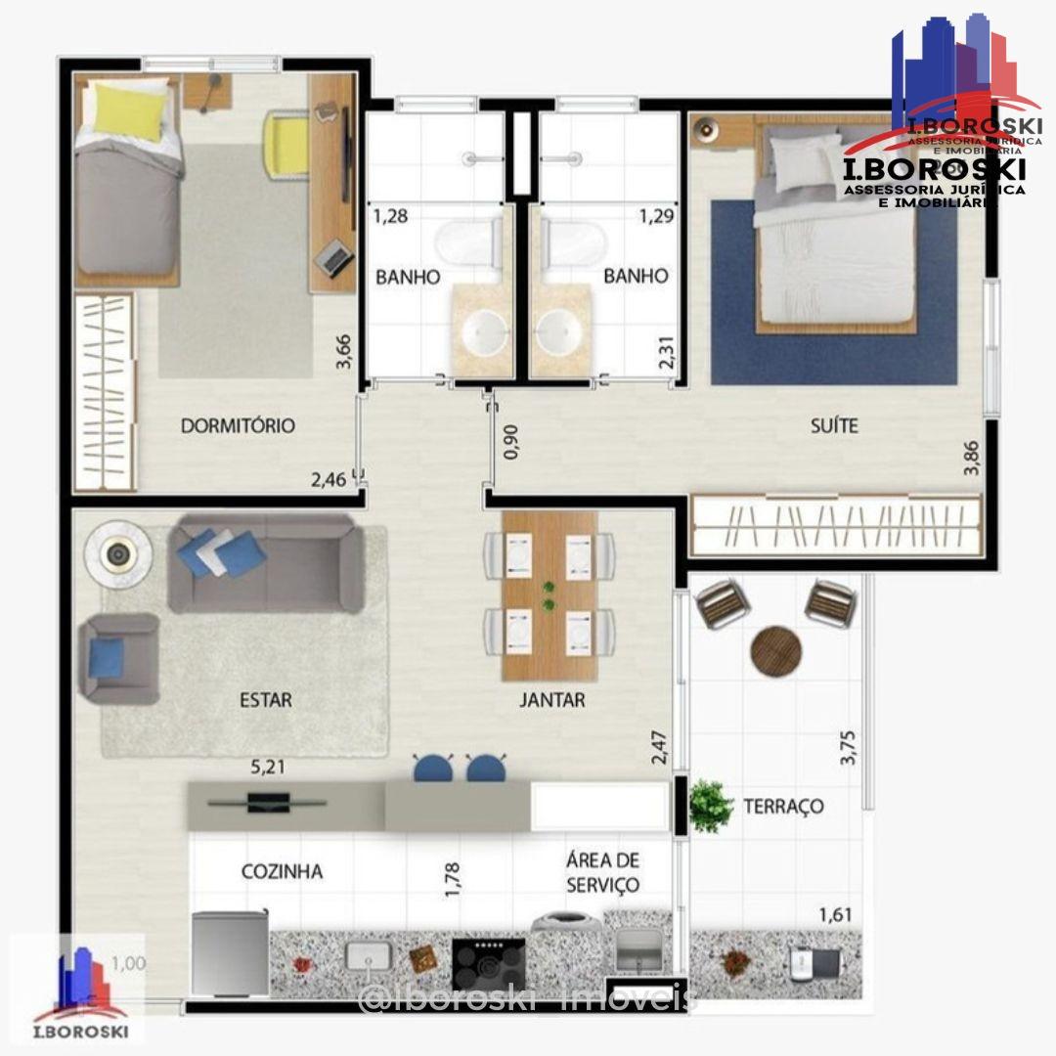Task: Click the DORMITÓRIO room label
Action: click(x=238, y=426)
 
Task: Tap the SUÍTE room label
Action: click(x=833, y=426)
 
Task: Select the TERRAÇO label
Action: click(x=783, y=807)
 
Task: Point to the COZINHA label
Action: click(x=282, y=871)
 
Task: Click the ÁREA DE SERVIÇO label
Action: click(x=602, y=873)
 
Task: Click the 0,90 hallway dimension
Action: click(x=509, y=441)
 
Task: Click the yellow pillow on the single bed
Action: click(x=129, y=110)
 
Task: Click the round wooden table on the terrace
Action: click(x=775, y=649)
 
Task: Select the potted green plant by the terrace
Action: click(x=710, y=806)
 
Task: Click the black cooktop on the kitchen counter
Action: click(x=489, y=963)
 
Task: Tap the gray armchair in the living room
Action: click(x=119, y=657)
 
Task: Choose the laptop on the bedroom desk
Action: click(x=334, y=256)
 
